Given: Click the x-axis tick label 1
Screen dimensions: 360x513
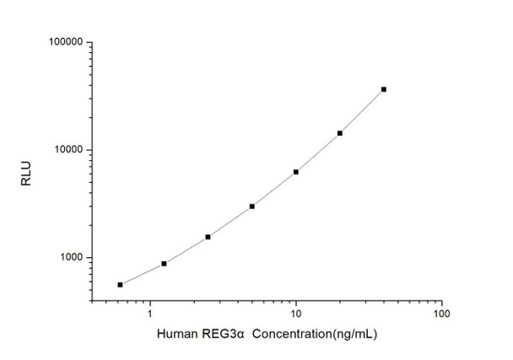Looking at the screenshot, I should (150, 315).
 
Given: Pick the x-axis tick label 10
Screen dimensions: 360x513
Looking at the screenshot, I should (296, 315).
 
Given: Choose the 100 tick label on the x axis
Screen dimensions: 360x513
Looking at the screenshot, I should (440, 315).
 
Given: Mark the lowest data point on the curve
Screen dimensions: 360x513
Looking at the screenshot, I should (120, 285).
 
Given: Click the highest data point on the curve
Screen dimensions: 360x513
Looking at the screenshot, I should (384, 89).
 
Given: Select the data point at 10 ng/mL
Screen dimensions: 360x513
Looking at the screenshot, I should (296, 172).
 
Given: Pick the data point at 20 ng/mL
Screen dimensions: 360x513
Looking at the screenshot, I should (340, 133).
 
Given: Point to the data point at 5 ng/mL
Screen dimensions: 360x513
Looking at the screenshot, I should (252, 206).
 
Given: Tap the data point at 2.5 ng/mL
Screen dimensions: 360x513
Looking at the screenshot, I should (208, 237).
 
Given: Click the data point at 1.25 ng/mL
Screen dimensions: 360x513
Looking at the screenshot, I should (164, 264).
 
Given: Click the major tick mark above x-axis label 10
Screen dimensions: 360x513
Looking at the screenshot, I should (296, 300).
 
